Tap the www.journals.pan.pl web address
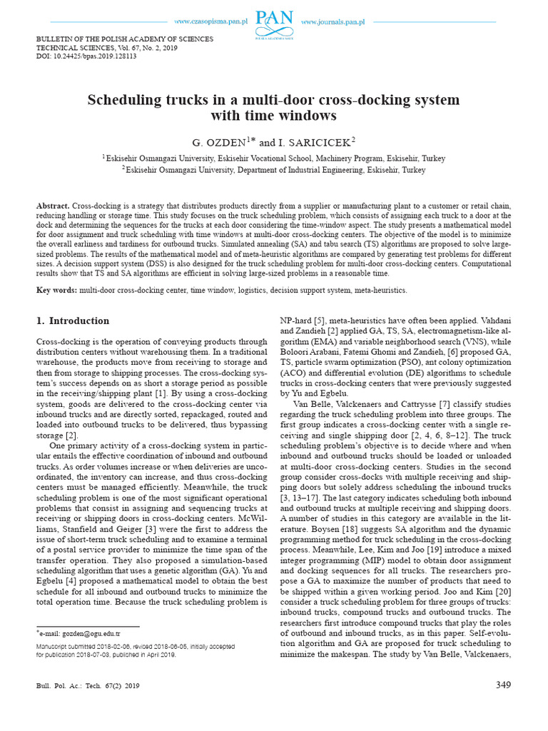pos(333,23)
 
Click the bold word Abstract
pos(53,206)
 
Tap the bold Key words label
pos(56,291)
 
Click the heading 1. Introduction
pos(73,321)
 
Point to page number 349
pos(503,685)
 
